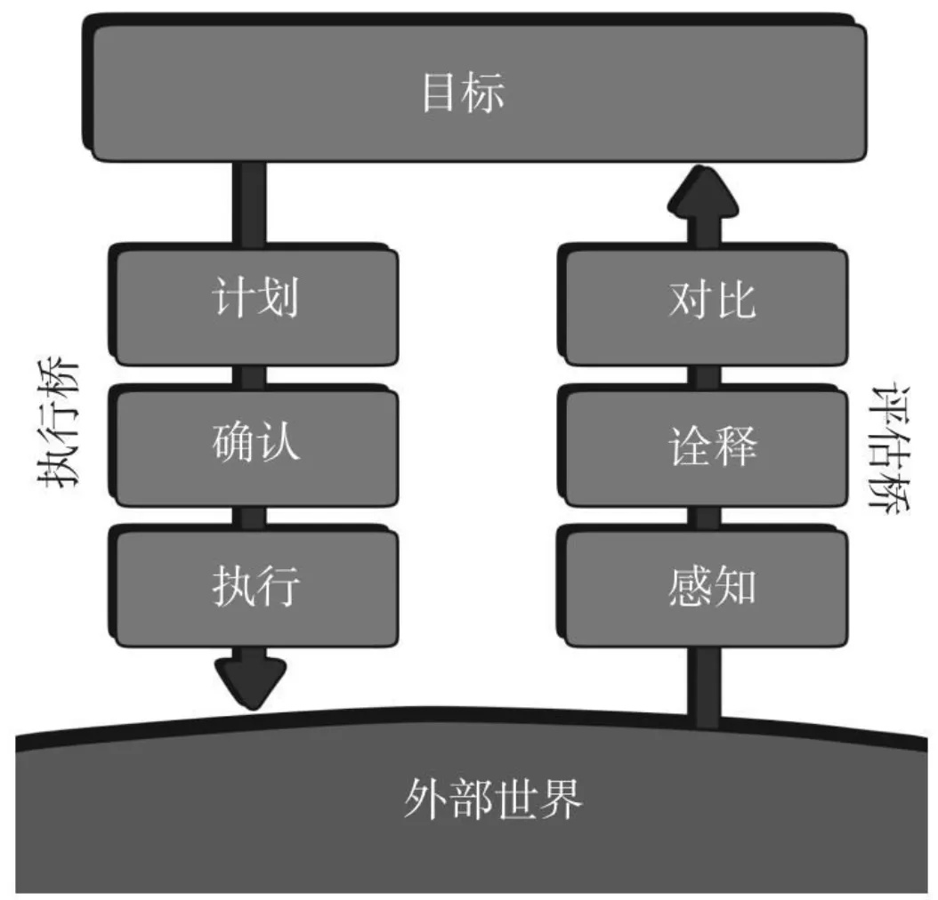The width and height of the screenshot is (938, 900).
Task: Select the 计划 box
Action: point(256,302)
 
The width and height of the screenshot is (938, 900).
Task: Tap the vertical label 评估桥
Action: point(890,449)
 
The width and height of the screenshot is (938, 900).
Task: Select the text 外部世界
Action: point(492,801)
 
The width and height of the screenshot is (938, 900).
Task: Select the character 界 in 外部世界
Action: point(562,801)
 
